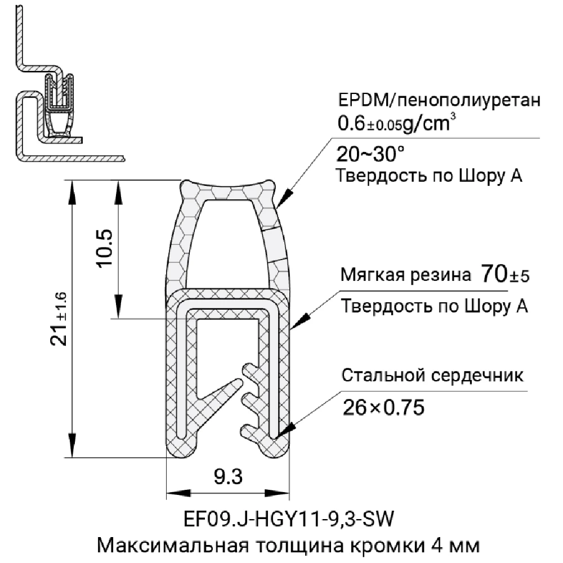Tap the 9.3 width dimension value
click(228, 478)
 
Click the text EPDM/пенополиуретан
click(439, 101)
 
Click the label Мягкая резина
click(405, 276)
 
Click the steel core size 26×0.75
click(383, 406)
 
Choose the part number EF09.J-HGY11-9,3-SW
click(284, 517)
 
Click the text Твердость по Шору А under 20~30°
click(430, 176)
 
